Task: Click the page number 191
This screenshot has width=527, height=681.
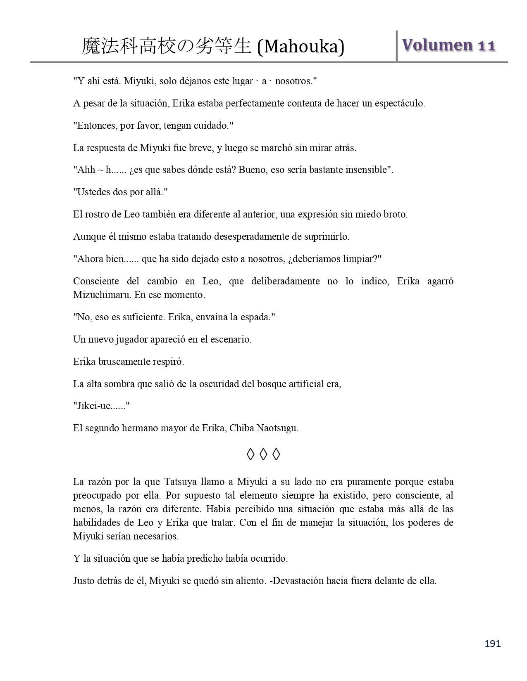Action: pyautogui.click(x=492, y=643)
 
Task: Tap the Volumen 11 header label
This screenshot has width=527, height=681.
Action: pyautogui.click(x=448, y=45)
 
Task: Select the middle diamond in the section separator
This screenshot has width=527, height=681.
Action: pyautogui.click(x=263, y=454)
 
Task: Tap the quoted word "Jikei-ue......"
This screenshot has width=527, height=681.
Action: pyautogui.click(x=101, y=406)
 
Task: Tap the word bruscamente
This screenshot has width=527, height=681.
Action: pyautogui.click(x=125, y=362)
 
